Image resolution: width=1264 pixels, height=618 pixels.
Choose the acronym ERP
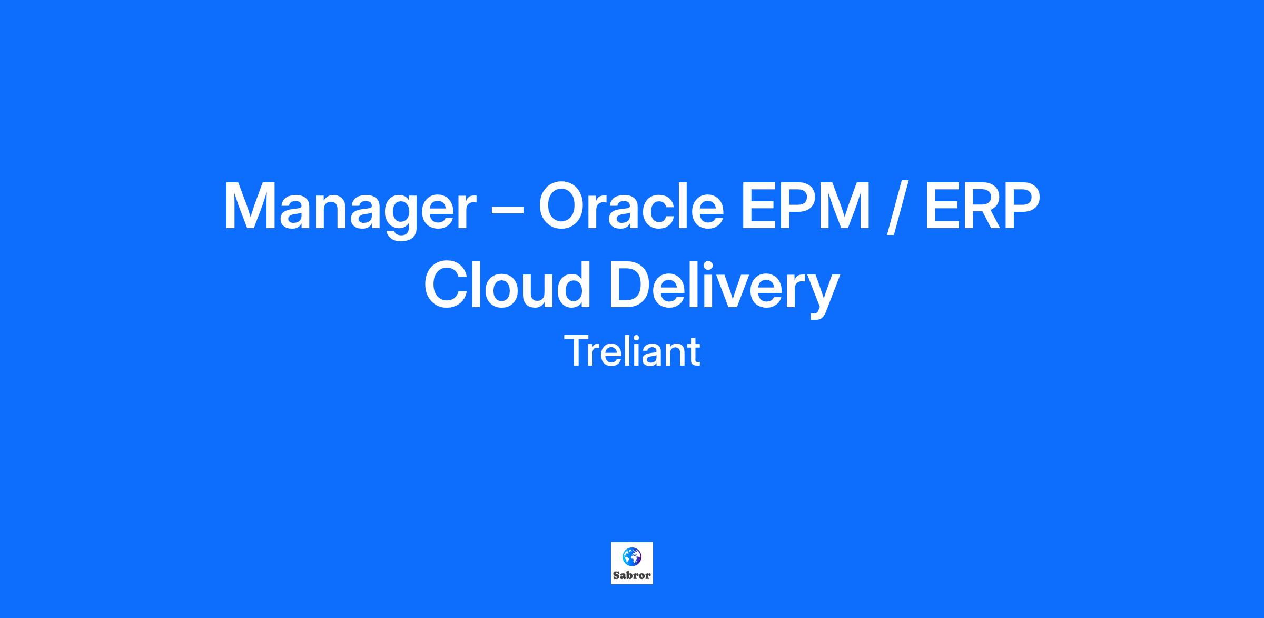(983, 206)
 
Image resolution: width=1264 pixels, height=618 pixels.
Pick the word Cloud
(508, 284)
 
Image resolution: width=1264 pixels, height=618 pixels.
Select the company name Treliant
(632, 351)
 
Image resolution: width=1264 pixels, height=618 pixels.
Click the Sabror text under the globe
(632, 575)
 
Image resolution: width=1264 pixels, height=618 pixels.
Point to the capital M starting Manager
(250, 206)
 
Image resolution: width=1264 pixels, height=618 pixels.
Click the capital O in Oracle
(561, 206)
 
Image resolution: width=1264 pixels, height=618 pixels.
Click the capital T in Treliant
(576, 351)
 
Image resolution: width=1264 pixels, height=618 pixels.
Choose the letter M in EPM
(845, 206)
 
